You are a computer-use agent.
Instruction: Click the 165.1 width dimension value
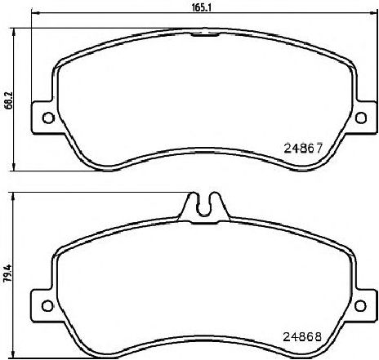pyautogui.click(x=202, y=7)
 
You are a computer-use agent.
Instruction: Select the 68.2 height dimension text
pyautogui.click(x=9, y=100)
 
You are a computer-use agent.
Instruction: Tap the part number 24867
pyautogui.click(x=303, y=149)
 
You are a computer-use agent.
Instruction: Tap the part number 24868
pyautogui.click(x=303, y=337)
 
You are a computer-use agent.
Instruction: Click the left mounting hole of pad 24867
pyautogui.click(x=48, y=118)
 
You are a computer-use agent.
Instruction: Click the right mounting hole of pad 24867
pyautogui.click(x=361, y=118)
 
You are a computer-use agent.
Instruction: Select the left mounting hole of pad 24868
pyautogui.click(x=47, y=305)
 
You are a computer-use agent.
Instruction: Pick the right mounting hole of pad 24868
pyautogui.click(x=360, y=305)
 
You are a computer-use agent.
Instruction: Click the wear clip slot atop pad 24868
pyautogui.click(x=204, y=207)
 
